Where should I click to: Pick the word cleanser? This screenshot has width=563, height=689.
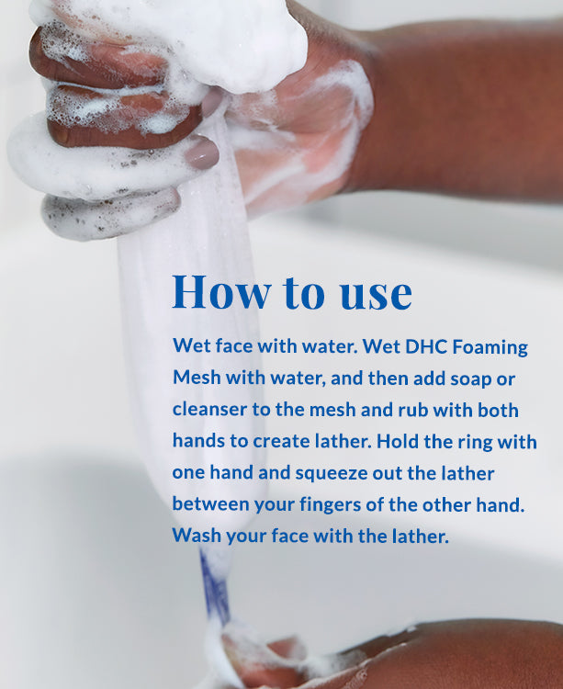tap(208, 411)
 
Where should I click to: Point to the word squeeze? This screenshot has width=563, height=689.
tap(341, 474)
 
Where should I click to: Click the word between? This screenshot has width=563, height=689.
tap(208, 504)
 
